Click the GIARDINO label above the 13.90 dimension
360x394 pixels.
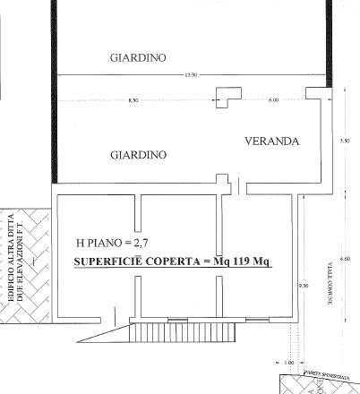pos(138,58)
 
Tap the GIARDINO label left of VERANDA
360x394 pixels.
pos(138,155)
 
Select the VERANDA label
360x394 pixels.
pos(271,141)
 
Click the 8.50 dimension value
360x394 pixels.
pos(134,99)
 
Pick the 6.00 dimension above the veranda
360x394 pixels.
pos(273,99)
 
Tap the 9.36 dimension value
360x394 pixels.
pos(303,286)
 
